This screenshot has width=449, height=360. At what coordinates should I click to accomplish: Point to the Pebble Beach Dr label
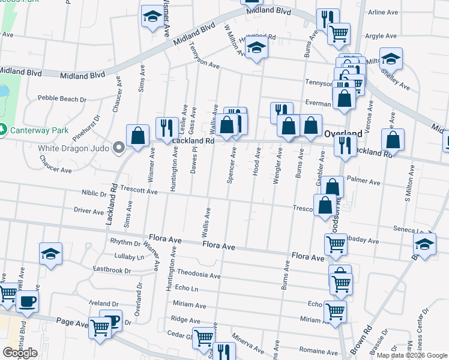point(62,98)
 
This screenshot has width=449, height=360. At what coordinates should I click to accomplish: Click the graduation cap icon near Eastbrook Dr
point(51,254)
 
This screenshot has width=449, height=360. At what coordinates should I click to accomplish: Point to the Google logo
point(20,353)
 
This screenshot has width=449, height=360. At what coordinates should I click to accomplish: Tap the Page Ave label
point(72,322)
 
